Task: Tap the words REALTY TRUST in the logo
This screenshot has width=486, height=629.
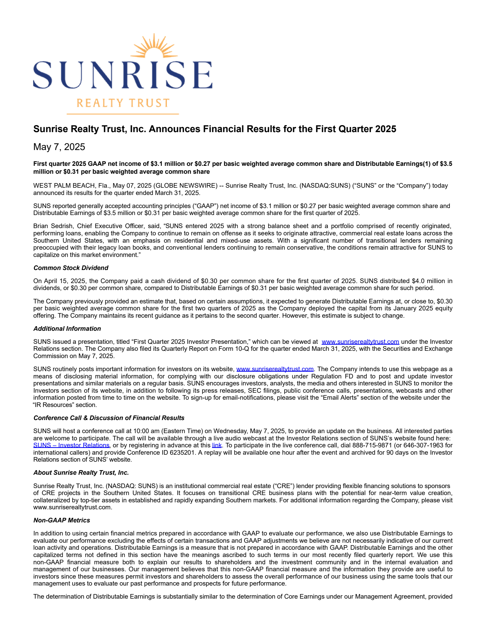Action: click(123, 103)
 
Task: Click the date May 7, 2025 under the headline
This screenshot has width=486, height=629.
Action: click(59, 147)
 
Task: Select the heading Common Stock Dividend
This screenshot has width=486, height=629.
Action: click(71, 268)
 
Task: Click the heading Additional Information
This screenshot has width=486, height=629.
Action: click(67, 329)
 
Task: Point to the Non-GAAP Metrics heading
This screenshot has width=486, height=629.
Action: click(62, 520)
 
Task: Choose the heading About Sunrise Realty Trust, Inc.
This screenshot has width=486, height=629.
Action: click(81, 473)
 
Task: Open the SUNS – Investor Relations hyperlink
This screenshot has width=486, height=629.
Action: click(71, 445)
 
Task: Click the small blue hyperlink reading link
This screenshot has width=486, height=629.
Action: click(217, 445)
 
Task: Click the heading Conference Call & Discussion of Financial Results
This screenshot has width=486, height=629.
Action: click(109, 418)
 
